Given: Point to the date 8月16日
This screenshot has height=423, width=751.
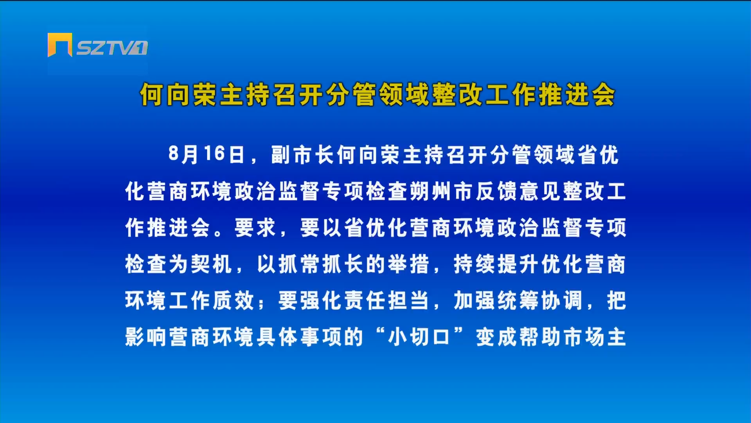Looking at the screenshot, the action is [x=207, y=154].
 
